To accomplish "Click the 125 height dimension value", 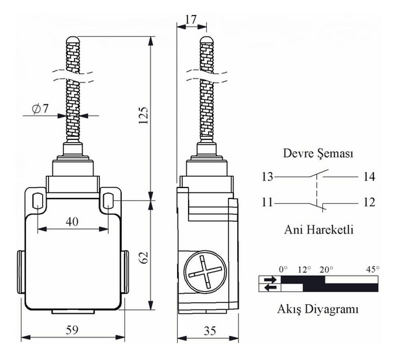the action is (144, 115).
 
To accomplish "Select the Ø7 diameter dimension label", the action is (40, 109).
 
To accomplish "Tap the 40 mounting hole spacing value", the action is (72, 222).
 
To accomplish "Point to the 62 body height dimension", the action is (144, 258).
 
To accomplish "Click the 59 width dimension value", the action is (72, 330).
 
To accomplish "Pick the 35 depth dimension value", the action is (209, 331).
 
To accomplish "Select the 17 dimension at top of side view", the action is (191, 19).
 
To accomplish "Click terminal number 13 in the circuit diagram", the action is (267, 177).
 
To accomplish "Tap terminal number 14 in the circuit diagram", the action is (369, 177).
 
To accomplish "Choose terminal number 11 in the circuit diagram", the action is (267, 202).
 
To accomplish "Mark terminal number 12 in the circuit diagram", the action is (369, 202).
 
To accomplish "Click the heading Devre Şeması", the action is (318, 154).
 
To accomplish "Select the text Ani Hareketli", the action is (318, 230).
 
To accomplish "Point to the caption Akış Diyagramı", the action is (318, 309).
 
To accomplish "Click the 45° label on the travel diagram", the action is (373, 269).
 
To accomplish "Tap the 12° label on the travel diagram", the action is (305, 269).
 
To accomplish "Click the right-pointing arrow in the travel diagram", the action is (270, 280).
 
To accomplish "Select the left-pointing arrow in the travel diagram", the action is (270, 288).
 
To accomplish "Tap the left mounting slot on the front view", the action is (38, 201).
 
